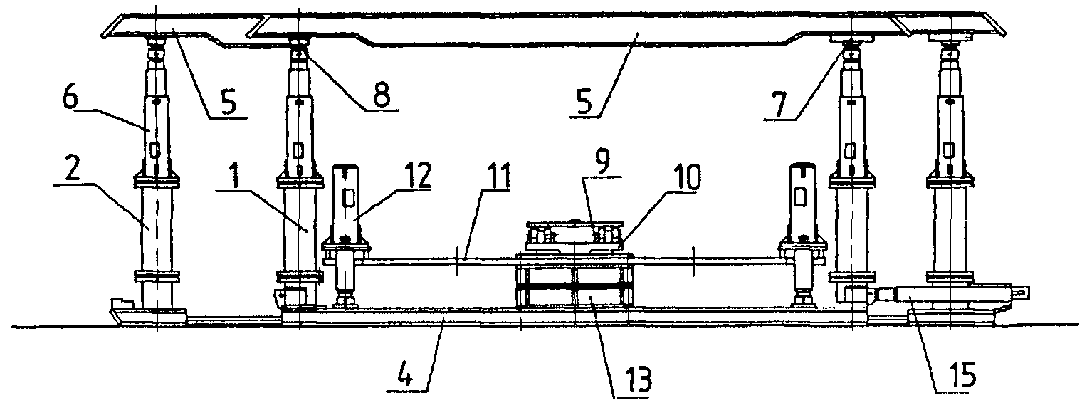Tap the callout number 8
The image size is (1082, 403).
pyautogui.click(x=382, y=95)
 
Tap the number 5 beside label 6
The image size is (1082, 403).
pyautogui.click(x=227, y=103)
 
